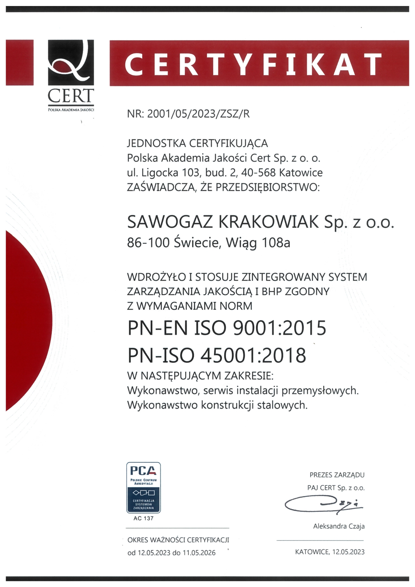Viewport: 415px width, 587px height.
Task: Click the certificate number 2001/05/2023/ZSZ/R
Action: pyautogui.click(x=198, y=114)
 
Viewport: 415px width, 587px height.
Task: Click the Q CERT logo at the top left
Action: pyautogui.click(x=71, y=76)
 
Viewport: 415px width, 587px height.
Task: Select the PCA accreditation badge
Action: pyautogui.click(x=143, y=487)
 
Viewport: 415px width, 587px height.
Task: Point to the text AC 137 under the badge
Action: pyautogui.click(x=143, y=518)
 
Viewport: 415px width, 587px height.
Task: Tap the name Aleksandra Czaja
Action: pyautogui.click(x=339, y=526)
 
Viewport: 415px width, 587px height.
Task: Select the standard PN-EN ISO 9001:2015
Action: pyautogui.click(x=227, y=328)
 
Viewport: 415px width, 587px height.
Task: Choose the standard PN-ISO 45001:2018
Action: pyautogui.click(x=217, y=355)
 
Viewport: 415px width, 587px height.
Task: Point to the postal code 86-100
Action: pyautogui.click(x=148, y=242)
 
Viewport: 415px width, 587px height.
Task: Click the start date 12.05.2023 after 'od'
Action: pyautogui.click(x=154, y=553)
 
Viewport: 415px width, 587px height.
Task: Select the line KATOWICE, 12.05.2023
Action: pyautogui.click(x=330, y=552)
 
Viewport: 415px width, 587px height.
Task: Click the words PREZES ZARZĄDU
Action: pyautogui.click(x=337, y=475)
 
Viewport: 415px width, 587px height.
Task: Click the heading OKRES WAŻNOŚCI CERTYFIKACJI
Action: pyautogui.click(x=178, y=540)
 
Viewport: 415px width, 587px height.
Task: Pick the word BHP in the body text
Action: pyautogui.click(x=272, y=292)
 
